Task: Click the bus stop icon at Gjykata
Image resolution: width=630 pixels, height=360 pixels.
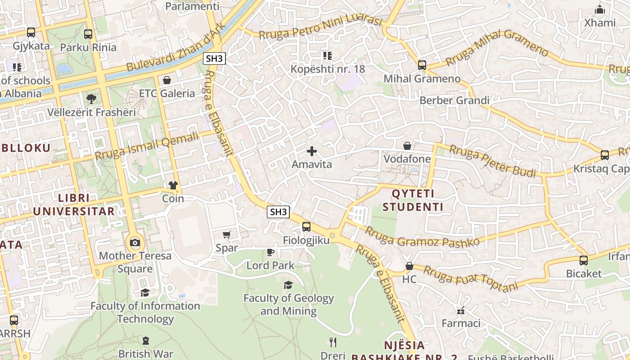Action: coord(31,32)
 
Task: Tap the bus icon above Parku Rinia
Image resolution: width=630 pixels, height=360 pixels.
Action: coord(88,34)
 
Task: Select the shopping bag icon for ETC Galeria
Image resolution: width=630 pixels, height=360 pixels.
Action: coord(167,80)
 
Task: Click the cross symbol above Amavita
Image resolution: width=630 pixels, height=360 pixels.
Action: coord(311,151)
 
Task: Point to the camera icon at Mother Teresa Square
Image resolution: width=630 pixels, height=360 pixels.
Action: coord(135,243)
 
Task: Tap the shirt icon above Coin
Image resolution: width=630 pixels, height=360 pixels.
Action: coord(173,185)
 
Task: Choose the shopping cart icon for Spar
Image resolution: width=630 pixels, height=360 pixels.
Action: coord(227,234)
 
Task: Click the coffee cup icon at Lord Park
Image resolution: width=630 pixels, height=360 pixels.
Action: coord(270,252)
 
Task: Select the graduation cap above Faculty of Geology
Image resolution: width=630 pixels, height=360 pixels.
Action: coord(288,285)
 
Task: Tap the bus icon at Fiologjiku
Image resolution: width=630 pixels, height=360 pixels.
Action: coord(306,227)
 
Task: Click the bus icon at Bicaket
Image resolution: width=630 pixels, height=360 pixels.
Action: coord(584,260)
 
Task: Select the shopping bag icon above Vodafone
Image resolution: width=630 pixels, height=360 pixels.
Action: coord(407,146)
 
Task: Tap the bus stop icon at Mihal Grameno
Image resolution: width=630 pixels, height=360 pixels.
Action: coord(422,65)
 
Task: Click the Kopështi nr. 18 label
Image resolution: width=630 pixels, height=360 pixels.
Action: coord(328,69)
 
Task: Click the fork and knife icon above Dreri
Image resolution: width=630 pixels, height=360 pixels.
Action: coord(333,342)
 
